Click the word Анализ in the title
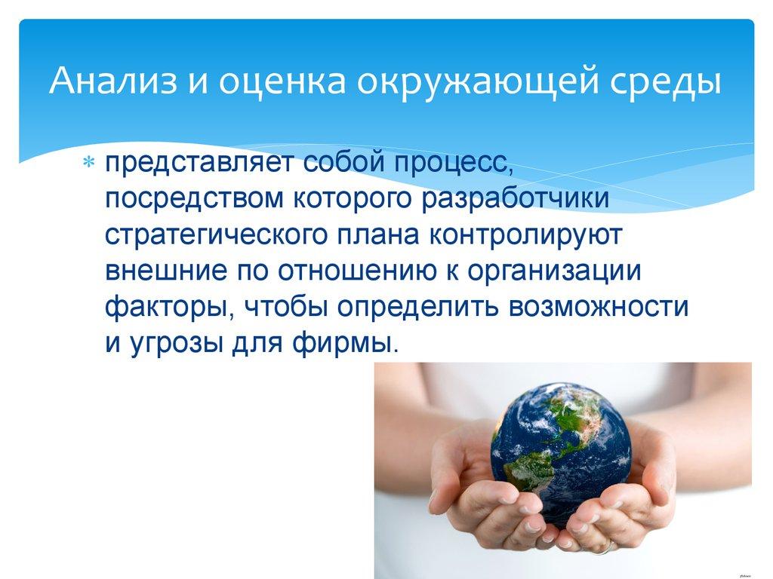pyautogui.click(x=107, y=81)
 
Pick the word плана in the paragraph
pyautogui.click(x=382, y=234)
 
